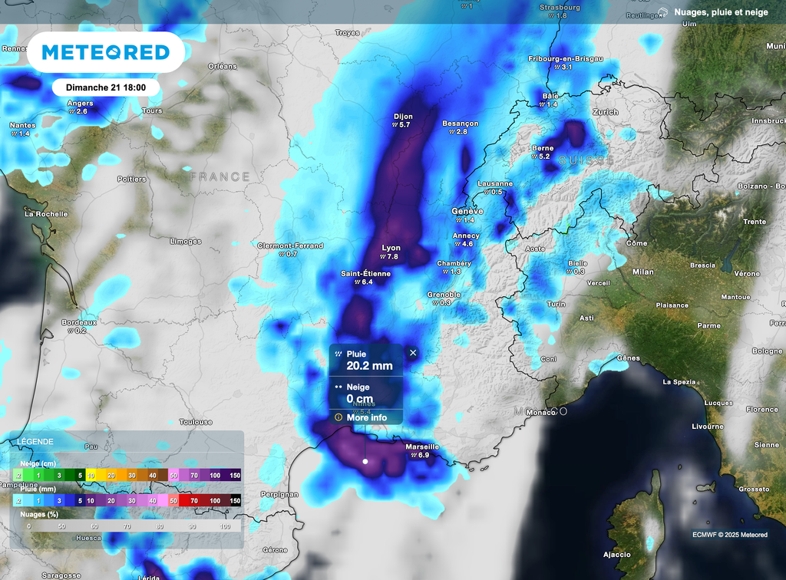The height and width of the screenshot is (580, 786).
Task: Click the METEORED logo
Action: click(105, 52)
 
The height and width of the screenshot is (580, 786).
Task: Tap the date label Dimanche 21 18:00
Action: click(106, 87)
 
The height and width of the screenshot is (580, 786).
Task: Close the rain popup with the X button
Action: click(413, 353)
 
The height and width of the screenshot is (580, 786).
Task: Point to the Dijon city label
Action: click(403, 116)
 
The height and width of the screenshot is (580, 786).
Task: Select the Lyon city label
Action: click(391, 248)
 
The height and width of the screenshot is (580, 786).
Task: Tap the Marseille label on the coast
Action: click(421, 447)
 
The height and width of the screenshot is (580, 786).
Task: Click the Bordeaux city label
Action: click(79, 322)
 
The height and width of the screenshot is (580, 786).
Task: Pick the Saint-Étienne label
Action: click(366, 273)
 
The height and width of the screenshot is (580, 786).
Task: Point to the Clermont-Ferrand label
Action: click(290, 246)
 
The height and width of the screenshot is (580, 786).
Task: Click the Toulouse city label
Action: click(196, 422)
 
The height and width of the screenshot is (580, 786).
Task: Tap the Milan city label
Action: click(642, 272)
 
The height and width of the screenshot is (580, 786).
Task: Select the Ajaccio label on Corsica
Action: click(617, 554)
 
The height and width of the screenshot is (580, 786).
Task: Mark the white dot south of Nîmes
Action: click(365, 462)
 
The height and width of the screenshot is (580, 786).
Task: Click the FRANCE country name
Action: click(220, 176)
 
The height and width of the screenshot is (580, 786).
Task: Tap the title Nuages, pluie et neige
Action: click(722, 12)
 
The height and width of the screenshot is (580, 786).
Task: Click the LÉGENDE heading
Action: click(35, 442)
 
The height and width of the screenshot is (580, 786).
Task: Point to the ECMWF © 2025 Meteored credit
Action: click(729, 535)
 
